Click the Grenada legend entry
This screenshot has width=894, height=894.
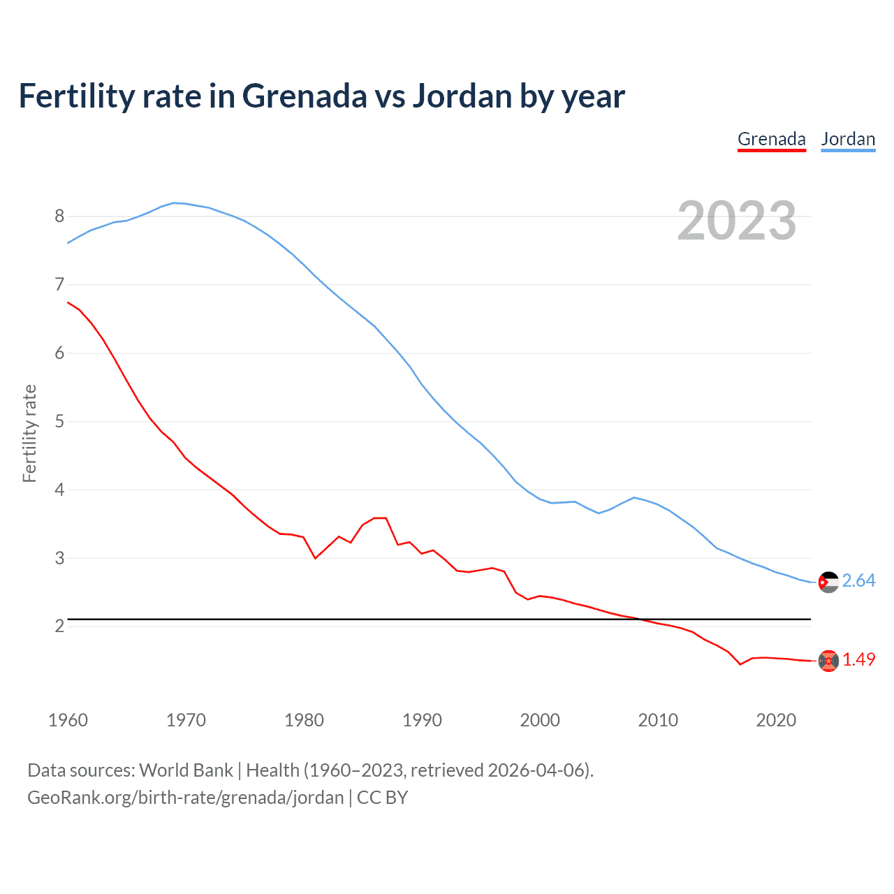click(771, 139)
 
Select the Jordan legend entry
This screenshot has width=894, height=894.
click(848, 139)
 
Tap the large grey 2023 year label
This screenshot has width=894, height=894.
click(737, 221)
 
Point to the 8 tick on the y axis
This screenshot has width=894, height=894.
click(59, 216)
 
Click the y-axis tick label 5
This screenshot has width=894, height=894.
click(59, 421)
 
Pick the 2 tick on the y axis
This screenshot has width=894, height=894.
click(59, 626)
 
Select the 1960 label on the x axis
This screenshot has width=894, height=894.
click(68, 720)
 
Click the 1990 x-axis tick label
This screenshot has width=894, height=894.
click(422, 720)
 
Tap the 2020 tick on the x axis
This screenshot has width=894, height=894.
click(776, 720)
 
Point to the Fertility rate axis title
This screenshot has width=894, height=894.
click(29, 433)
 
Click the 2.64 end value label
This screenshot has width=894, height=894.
click(858, 581)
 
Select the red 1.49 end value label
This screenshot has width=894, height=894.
click(858, 660)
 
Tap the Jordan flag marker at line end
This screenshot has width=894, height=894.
click(828, 582)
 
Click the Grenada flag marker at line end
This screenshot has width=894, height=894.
click(828, 661)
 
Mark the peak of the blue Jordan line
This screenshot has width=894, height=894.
click(175, 203)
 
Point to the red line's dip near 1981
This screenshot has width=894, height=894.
click(315, 558)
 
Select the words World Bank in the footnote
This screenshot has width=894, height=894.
click(186, 770)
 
